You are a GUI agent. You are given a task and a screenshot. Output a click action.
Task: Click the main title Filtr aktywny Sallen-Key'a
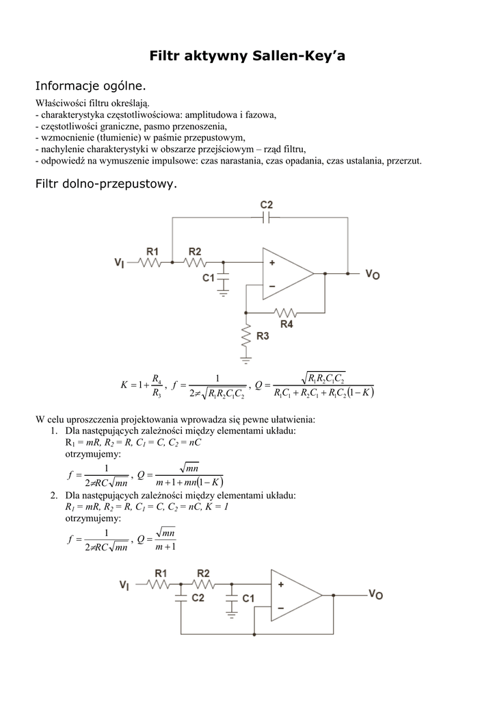click(x=247, y=56)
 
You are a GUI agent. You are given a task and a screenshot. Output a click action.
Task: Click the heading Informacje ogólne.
click(x=90, y=87)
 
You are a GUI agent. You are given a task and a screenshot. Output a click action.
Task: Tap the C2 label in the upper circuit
click(x=267, y=205)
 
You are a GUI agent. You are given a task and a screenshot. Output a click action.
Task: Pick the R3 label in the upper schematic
click(x=263, y=335)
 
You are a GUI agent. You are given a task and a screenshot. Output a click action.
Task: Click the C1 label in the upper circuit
click(x=209, y=277)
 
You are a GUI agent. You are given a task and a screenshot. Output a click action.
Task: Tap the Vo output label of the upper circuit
click(x=373, y=274)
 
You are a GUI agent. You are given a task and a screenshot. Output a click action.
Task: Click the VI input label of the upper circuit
click(x=120, y=262)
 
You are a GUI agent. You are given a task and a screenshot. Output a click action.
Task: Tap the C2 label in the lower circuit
click(x=198, y=598)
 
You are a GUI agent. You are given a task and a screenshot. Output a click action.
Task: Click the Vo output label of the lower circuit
click(x=376, y=594)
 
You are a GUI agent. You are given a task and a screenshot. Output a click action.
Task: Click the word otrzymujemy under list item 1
click(x=93, y=454)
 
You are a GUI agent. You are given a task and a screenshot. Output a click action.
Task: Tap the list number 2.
click(x=53, y=495)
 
